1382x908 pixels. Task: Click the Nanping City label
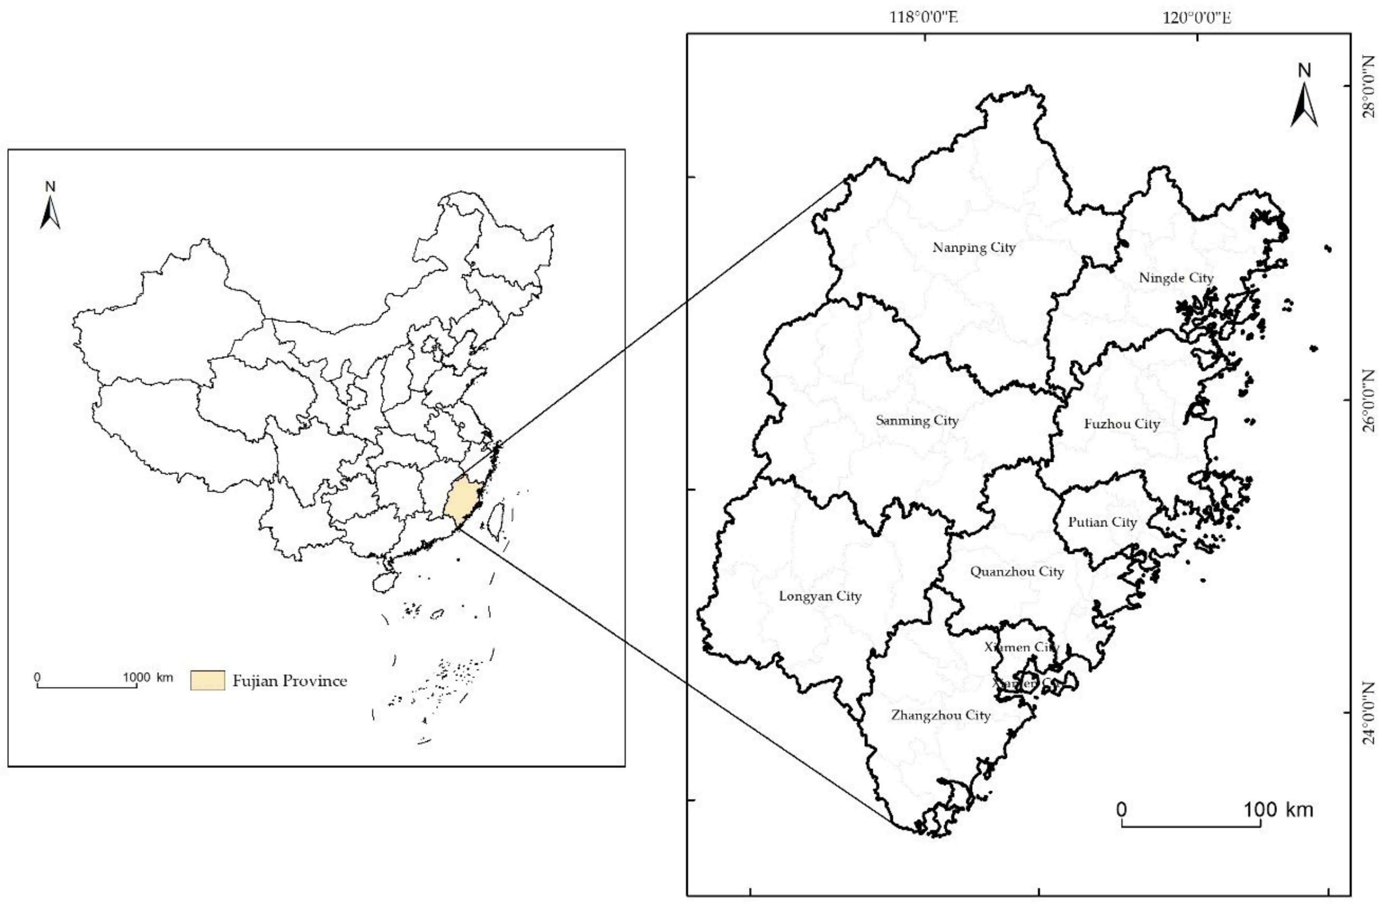tap(974, 247)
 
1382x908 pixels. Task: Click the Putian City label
tap(1102, 522)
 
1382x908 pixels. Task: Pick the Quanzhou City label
tap(1017, 572)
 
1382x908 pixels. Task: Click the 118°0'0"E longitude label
tap(924, 17)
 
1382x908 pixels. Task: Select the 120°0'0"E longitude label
tap(1197, 17)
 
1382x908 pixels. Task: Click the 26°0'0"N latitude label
tap(1369, 401)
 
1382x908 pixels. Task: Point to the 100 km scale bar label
tap(1278, 809)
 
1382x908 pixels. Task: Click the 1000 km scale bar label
tap(147, 677)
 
